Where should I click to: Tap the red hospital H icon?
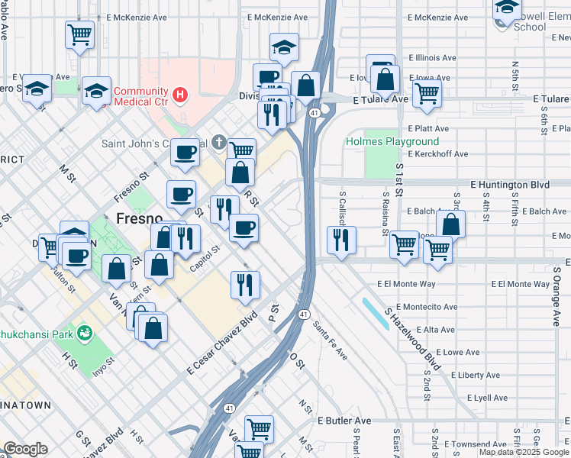(179, 95)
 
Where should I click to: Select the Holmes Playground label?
(392, 141)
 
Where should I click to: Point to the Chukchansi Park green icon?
(86, 333)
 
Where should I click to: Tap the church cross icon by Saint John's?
(218, 142)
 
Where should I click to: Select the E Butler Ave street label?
(344, 421)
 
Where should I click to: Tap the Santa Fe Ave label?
(330, 341)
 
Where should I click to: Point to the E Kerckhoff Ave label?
(437, 154)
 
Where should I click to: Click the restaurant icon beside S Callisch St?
(341, 239)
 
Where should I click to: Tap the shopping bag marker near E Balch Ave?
(451, 224)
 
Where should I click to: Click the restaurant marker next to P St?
(245, 285)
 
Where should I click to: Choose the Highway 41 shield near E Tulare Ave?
(314, 113)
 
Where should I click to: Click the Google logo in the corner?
(25, 449)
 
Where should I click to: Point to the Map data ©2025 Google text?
(524, 452)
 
